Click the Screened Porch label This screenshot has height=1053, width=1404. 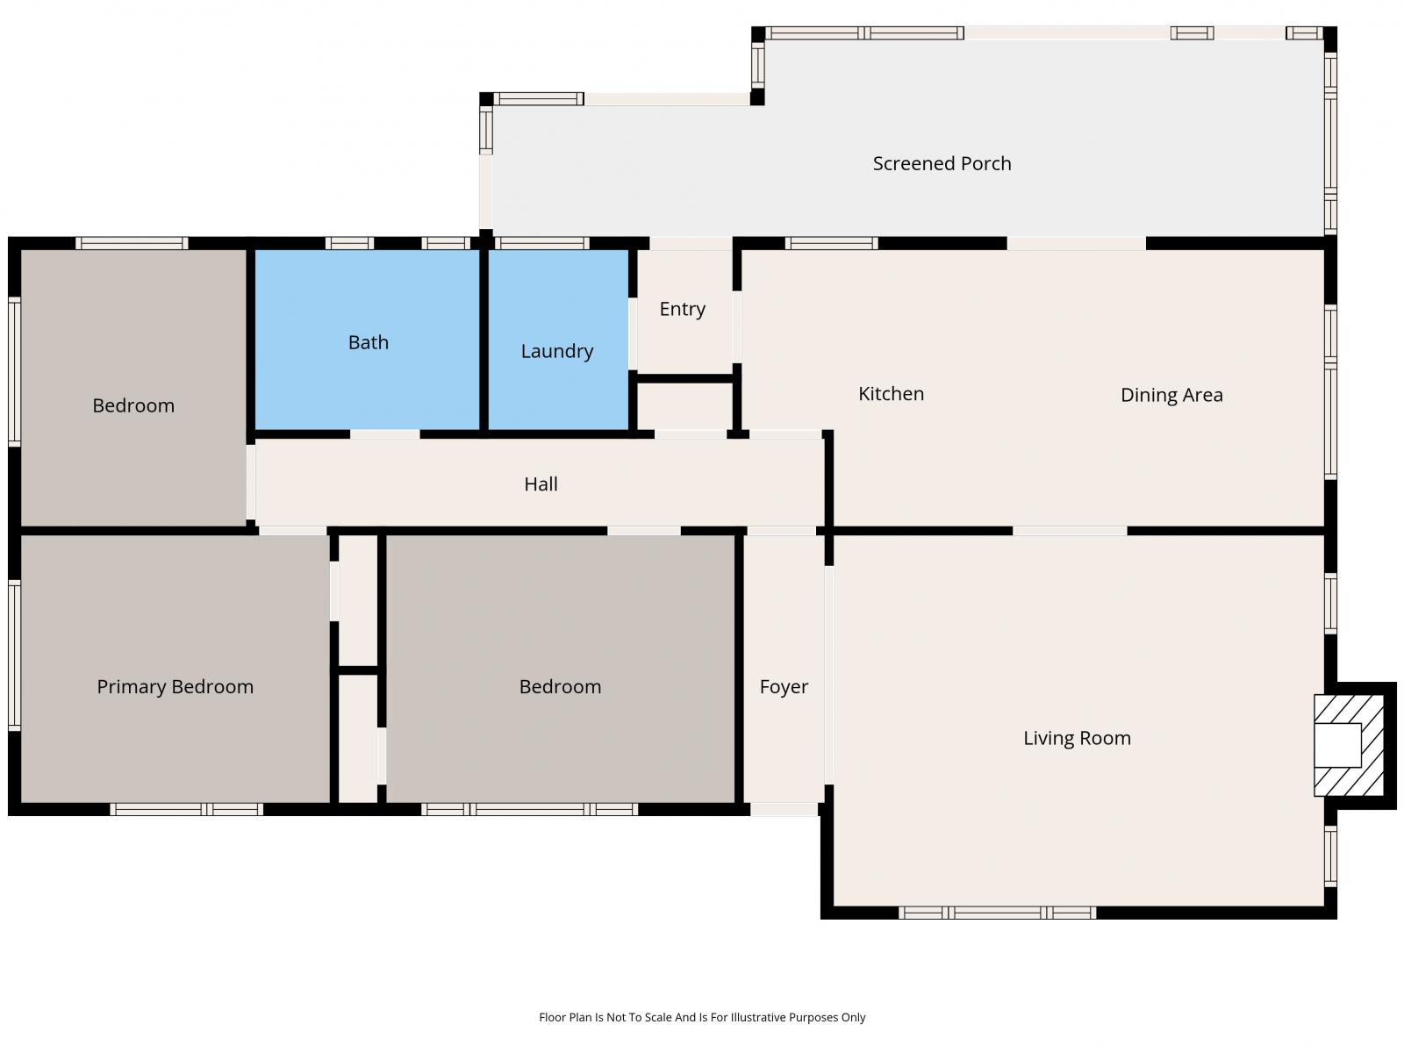(x=942, y=164)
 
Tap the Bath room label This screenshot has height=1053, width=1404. (x=369, y=343)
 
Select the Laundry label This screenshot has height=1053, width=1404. (x=557, y=351)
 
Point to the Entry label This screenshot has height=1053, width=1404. (x=683, y=310)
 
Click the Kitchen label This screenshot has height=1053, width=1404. (x=891, y=394)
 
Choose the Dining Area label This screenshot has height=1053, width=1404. (x=1171, y=395)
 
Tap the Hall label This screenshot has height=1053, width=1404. (x=541, y=484)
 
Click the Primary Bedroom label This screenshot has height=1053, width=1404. (x=175, y=687)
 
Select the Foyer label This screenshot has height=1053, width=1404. (x=784, y=687)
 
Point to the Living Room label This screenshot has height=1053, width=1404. (x=1078, y=739)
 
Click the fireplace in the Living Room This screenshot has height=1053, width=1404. (x=1349, y=746)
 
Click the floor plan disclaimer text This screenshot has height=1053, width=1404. (x=702, y=1017)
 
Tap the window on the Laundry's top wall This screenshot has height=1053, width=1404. (x=541, y=243)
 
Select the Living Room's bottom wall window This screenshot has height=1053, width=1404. (x=997, y=913)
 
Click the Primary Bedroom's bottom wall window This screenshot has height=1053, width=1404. (x=187, y=809)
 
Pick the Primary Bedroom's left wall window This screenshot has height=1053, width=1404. (x=14, y=655)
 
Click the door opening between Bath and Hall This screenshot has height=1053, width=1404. (x=385, y=434)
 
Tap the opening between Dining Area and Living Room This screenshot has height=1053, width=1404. (x=1070, y=531)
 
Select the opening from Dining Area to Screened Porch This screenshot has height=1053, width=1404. (x=1077, y=244)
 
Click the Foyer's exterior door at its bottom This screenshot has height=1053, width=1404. (x=784, y=809)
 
